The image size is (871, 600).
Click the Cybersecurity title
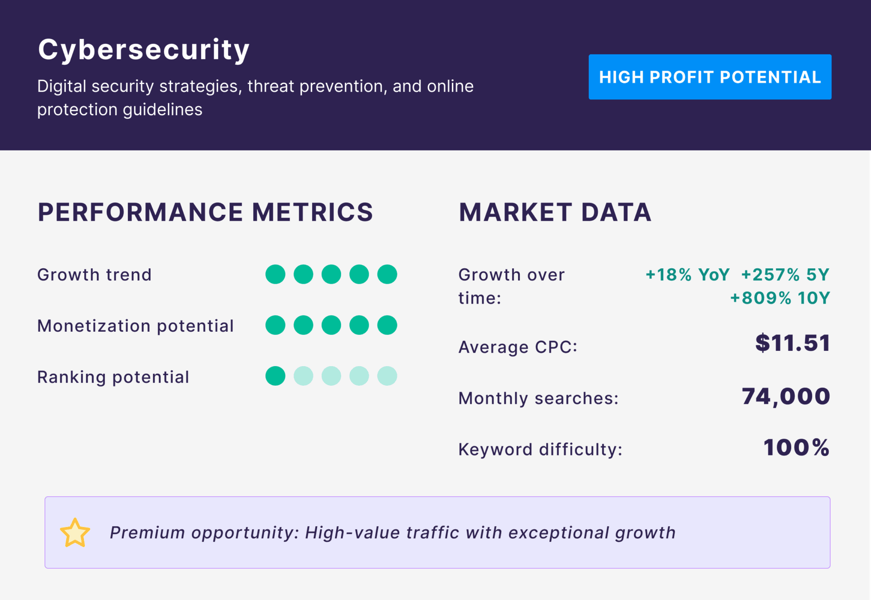(144, 49)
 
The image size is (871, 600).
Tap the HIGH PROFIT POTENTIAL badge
(710, 77)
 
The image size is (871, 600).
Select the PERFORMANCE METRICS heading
(205, 212)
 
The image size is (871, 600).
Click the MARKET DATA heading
(555, 212)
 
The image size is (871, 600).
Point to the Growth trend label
(94, 275)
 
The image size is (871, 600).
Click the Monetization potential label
(135, 326)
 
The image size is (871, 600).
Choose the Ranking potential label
(113, 377)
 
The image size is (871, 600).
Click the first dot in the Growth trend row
(275, 274)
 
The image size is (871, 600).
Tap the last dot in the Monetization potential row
(387, 325)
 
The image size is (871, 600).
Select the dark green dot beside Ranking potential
(275, 376)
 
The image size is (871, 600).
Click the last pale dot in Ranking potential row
(387, 376)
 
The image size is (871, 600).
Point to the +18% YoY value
(687, 275)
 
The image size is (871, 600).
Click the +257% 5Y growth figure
(785, 275)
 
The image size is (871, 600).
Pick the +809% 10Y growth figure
(780, 298)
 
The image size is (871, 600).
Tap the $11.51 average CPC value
(793, 343)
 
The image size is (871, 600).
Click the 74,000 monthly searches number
(786, 397)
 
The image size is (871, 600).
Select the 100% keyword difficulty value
(796, 448)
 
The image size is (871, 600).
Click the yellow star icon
(75, 533)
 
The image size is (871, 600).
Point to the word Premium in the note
(147, 533)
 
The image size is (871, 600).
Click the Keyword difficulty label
(540, 450)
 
